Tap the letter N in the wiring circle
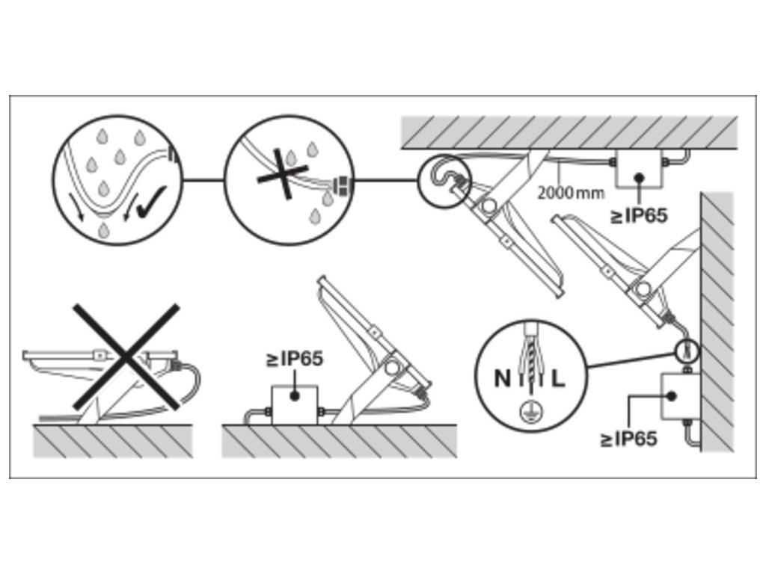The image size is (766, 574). click(501, 378)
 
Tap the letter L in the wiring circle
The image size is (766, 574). click(558, 378)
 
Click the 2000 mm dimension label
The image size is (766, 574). click(571, 193)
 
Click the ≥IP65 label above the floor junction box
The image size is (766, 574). click(295, 359)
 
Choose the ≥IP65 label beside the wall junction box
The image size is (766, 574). click(628, 439)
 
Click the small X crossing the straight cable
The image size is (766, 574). click(283, 173)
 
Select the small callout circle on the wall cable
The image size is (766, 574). click(687, 349)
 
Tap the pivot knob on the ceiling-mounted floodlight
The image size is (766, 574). click(490, 208)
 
